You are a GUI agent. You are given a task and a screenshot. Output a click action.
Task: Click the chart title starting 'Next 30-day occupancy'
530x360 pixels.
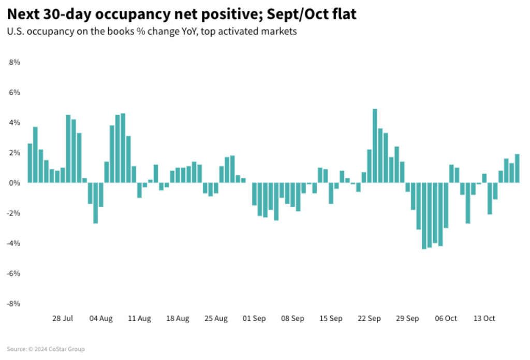pos(182,14)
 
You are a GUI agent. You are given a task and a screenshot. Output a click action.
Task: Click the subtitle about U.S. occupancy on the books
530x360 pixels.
pos(152,31)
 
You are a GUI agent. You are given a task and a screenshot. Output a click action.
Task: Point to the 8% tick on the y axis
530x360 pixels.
pos(14,62)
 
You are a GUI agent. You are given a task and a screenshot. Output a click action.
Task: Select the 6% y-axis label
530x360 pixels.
pos(14,92)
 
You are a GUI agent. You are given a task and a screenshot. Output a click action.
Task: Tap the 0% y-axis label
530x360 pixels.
pos(14,183)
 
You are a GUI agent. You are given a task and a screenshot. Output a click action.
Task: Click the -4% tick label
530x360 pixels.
pos(13,243)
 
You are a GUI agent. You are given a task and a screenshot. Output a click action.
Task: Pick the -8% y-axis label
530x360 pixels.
pos(13,304)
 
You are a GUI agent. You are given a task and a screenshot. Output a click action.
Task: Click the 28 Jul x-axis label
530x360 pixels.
pos(63,319)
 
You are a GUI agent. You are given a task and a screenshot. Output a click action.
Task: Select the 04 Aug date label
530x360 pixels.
pos(101,319)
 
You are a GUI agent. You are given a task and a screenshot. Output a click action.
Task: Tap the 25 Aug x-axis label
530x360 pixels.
pos(216,319)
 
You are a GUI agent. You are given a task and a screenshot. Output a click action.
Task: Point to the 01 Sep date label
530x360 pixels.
pos(254,319)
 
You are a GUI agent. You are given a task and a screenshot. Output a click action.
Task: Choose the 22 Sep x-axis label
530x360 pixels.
pos(369,319)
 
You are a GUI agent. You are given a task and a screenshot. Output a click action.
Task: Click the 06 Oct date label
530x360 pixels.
pos(446,319)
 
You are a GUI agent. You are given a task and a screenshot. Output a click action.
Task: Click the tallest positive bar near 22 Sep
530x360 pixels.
pos(375,146)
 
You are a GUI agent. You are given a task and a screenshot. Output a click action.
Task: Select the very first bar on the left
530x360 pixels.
pos(30,163)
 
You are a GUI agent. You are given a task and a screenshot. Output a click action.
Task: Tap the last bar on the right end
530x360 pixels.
pos(517,168)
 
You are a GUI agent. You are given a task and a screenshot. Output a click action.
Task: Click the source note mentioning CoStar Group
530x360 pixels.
pos(46,349)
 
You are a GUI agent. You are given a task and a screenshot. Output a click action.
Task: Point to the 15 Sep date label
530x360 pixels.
pos(331,319)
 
